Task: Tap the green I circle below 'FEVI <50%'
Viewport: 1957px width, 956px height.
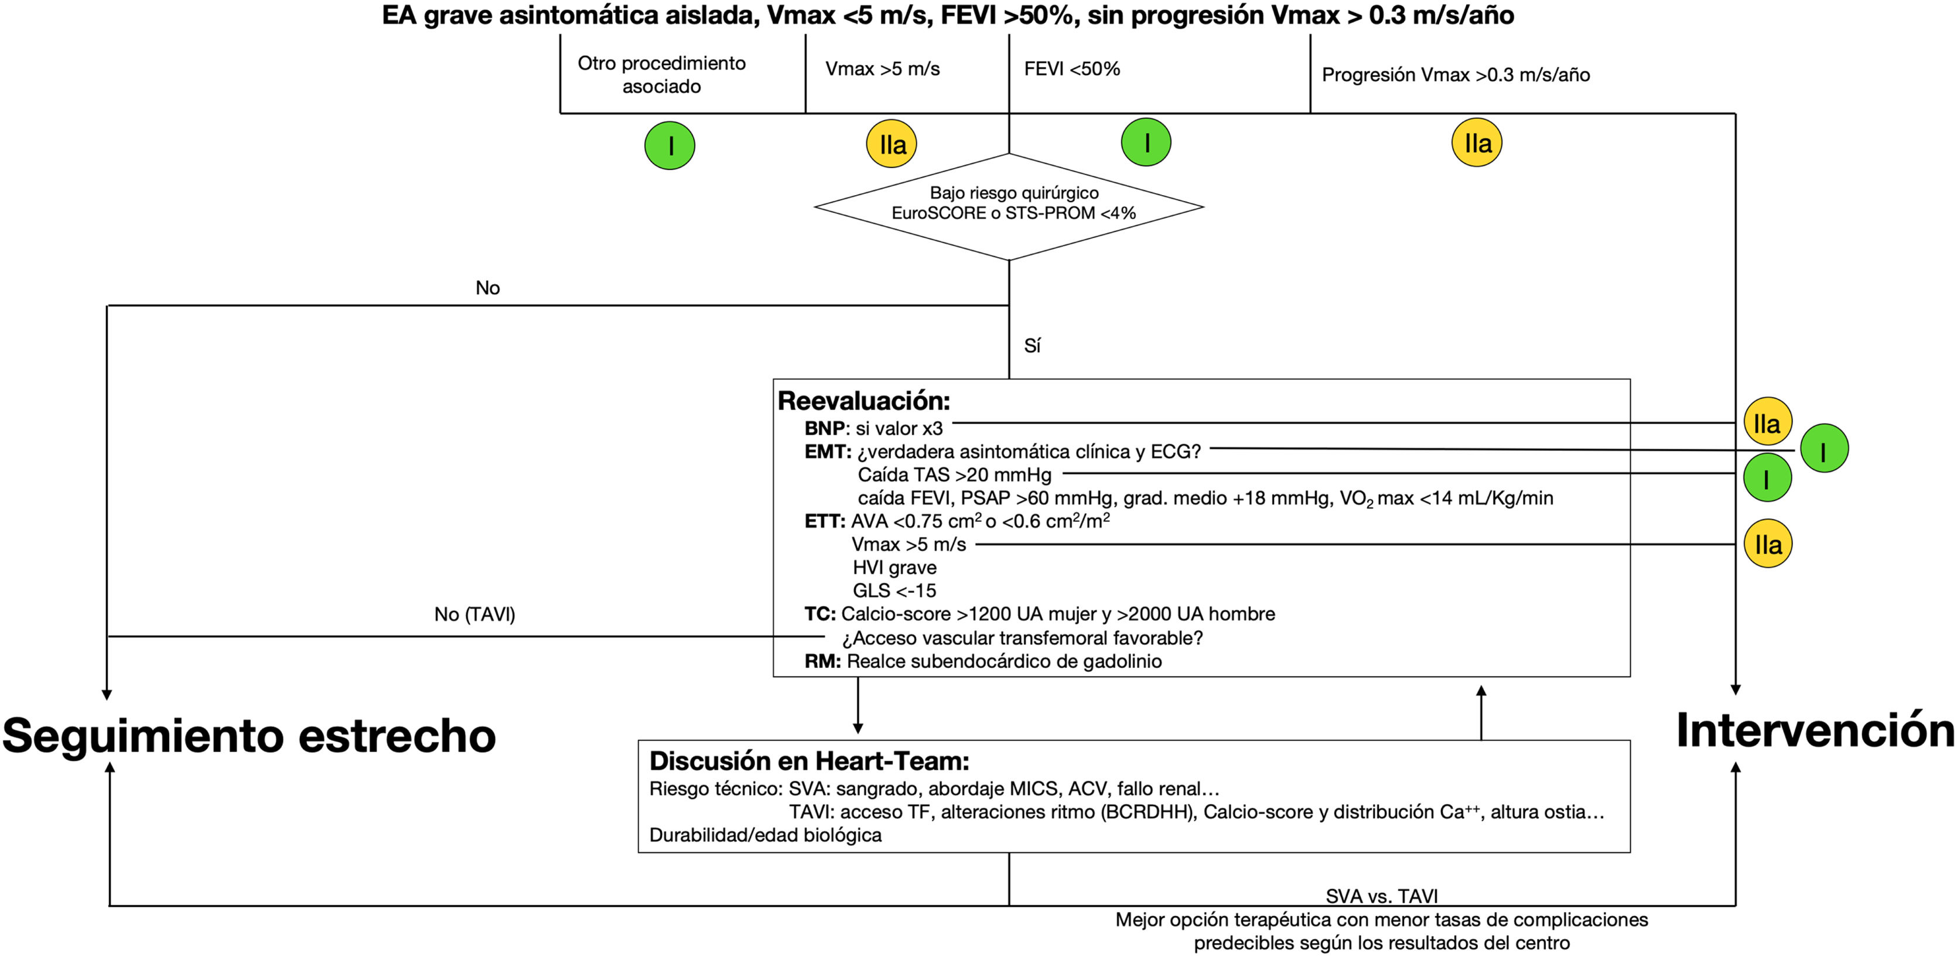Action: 1146,142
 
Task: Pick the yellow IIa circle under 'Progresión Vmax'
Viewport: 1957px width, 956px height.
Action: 1477,142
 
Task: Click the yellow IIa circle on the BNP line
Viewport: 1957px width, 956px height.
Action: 1767,422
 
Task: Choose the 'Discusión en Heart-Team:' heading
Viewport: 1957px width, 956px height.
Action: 808,761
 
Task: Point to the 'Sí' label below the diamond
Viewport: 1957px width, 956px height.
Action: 1032,346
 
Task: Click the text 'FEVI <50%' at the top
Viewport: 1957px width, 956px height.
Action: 1071,69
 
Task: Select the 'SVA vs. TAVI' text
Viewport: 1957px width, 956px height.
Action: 1381,896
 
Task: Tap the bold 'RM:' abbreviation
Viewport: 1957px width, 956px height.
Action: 822,661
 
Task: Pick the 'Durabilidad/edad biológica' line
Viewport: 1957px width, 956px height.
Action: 765,835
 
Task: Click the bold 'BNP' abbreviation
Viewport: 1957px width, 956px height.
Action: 824,429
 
